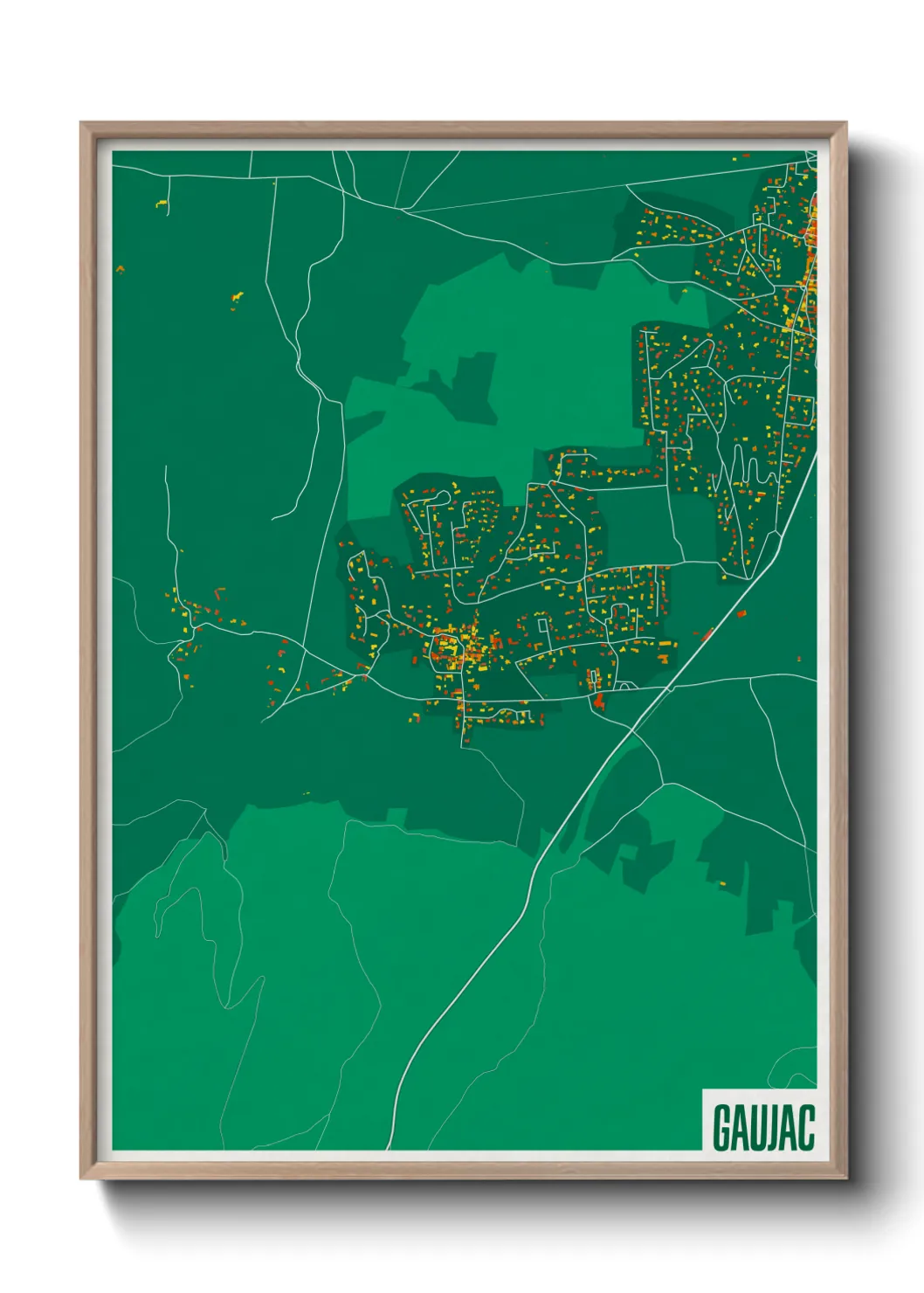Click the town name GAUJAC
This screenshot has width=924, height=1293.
pos(763,1127)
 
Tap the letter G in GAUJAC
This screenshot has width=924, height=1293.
pos(722,1127)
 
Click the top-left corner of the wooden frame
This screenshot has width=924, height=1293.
pos(82,124)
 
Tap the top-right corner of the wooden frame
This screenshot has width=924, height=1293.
pos(845,124)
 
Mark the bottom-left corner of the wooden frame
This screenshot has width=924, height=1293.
pos(82,1177)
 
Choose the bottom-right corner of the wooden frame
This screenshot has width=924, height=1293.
pos(845,1177)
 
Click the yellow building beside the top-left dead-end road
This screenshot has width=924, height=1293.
pos(161,204)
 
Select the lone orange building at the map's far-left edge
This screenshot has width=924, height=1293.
pos(120,268)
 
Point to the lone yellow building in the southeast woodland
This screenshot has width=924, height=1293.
pos(722,884)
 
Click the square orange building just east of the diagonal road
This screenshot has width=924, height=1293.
pos(741,614)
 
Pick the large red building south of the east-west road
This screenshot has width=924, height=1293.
pos(599,700)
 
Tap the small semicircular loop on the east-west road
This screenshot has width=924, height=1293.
pos(625,687)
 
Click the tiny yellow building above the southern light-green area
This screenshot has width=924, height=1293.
pos(306,793)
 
